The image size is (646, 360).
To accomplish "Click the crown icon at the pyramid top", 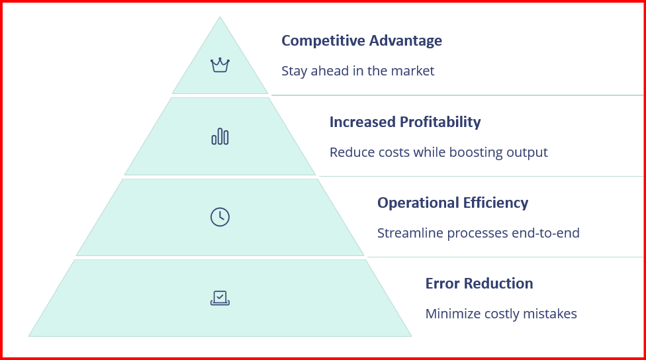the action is pos(220,65).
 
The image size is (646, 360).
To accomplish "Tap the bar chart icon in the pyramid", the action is pos(220,136).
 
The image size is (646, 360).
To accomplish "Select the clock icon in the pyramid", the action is pos(220,216).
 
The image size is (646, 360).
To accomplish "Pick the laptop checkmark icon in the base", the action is pos(220,298).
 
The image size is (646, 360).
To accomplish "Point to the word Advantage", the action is pos(405,41).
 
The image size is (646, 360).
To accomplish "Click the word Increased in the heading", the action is pos(363,122).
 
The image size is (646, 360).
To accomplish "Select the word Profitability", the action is pos(440,122).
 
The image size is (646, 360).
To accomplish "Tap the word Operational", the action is pos(418,202).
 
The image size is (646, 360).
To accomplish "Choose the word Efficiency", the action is pos(496,203).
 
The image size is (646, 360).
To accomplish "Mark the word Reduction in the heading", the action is pos(498,283).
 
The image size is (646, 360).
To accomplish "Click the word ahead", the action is pos(330,71).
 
